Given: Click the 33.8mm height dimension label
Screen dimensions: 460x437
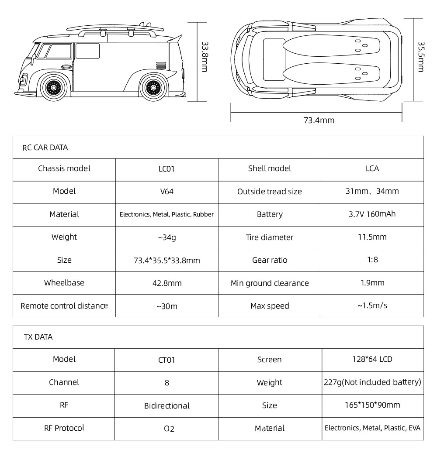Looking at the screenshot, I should pos(204,57).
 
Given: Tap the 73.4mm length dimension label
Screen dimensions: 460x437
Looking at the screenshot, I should pos(319,120).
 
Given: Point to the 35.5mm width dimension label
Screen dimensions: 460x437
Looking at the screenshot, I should pos(420,57).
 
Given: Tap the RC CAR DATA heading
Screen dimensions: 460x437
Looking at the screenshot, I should pos(45,148).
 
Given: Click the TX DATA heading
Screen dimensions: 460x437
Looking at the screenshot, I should pos(38,337).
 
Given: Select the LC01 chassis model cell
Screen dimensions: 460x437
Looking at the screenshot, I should pos(166,169).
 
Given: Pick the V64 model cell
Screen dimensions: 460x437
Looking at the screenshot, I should pos(166,192).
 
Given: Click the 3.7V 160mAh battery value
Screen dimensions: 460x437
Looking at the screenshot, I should pos(372,214).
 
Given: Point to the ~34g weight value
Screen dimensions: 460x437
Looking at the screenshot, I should pos(166,237).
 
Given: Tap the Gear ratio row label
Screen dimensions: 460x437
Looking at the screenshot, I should pos(270,260).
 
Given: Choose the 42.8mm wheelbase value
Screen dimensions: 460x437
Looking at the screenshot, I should pos(166,283).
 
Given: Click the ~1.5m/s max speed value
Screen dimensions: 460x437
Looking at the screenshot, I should pos(372,306).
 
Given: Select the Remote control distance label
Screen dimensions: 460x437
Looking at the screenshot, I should pos(64,306).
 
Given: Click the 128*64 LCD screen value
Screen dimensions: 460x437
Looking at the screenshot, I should pos(372,359).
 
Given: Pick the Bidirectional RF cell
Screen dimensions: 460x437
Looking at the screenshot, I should pos(166,405).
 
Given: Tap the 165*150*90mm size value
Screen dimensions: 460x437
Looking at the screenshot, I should pos(372,405).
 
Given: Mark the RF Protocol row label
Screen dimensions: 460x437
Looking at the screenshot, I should pos(64,428).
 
